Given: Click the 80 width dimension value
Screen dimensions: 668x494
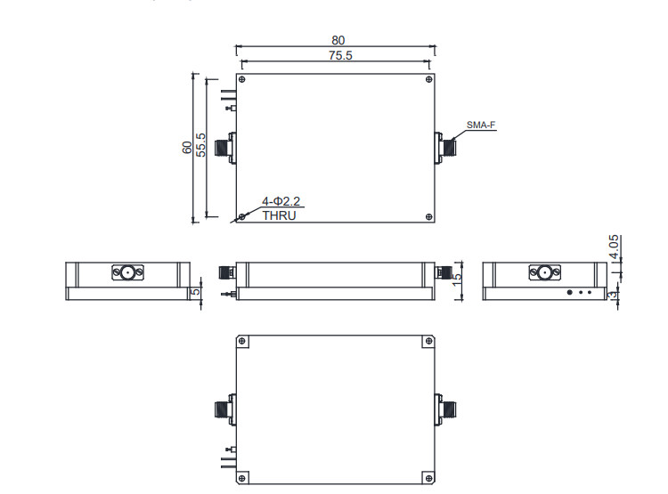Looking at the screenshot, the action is click(x=338, y=40).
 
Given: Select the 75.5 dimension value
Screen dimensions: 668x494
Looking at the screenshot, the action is click(x=340, y=55).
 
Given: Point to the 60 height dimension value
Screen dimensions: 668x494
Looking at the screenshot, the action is click(x=187, y=148).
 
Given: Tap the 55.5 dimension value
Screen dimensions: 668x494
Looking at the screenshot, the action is click(x=200, y=145).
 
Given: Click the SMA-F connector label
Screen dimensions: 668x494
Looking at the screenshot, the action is click(x=481, y=125).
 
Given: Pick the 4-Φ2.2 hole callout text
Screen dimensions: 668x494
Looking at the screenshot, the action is click(x=281, y=201).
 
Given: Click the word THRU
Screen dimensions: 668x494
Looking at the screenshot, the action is click(x=279, y=215).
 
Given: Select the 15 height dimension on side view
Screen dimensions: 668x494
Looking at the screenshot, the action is click(x=457, y=279).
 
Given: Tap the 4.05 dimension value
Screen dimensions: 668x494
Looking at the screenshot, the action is click(x=614, y=247).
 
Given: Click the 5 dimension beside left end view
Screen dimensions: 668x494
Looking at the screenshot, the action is click(x=196, y=292).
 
